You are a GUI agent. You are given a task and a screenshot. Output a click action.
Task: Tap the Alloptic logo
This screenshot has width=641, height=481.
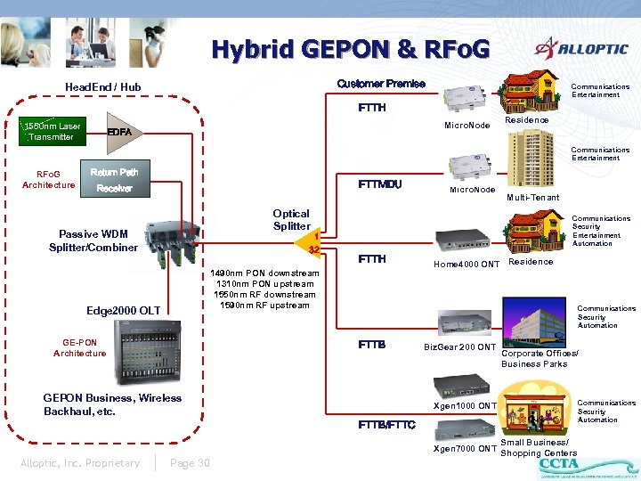coord(580,50)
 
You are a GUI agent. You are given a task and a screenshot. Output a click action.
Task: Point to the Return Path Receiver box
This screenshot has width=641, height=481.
coord(114,179)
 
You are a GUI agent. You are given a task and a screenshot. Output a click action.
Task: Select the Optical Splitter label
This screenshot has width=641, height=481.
coord(291,219)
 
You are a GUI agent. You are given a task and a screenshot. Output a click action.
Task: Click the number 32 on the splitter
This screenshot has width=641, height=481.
coord(313,249)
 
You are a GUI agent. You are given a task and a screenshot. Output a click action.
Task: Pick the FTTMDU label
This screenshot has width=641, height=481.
coord(379,184)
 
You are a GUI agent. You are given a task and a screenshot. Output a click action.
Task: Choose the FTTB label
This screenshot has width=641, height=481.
coord(371,345)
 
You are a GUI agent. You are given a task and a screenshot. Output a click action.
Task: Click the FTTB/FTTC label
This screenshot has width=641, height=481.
coord(386,424)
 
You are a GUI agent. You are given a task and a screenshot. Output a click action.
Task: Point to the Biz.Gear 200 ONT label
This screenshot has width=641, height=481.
coord(459,346)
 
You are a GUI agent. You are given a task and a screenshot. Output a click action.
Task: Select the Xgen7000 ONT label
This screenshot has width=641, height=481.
coord(464,448)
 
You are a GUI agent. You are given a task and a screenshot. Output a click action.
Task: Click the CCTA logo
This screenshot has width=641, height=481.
coord(558,464)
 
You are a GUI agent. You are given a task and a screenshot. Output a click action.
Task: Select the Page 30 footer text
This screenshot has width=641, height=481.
coord(189,462)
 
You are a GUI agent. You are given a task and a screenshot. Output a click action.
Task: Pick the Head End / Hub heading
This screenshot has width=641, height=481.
coord(102,86)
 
